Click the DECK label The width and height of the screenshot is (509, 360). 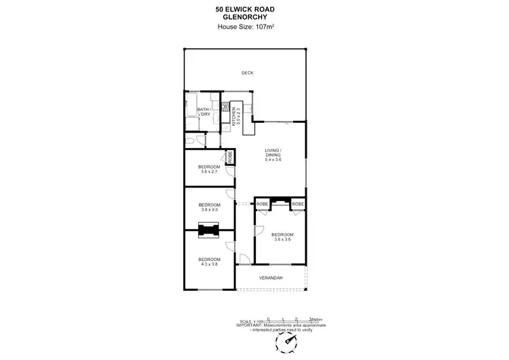pyautogui.click(x=247, y=73)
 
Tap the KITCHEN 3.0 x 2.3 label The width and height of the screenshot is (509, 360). pyautogui.click(x=235, y=116)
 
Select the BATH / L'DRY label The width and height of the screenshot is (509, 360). pyautogui.click(x=204, y=111)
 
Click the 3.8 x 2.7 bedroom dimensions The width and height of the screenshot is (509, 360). pyautogui.click(x=209, y=172)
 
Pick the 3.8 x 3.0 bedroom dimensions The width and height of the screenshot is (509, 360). pyautogui.click(x=209, y=210)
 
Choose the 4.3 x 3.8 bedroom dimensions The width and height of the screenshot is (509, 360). pyautogui.click(x=209, y=264)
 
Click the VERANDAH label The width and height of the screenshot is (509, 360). pyautogui.click(x=271, y=278)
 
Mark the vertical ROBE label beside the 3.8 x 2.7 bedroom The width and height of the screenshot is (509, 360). pyautogui.click(x=230, y=158)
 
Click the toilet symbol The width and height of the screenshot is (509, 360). pyautogui.click(x=195, y=141)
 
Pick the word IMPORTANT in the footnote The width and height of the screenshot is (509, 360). pyautogui.click(x=249, y=325)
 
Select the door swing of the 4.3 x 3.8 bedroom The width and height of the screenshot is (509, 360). pyautogui.click(x=231, y=247)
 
